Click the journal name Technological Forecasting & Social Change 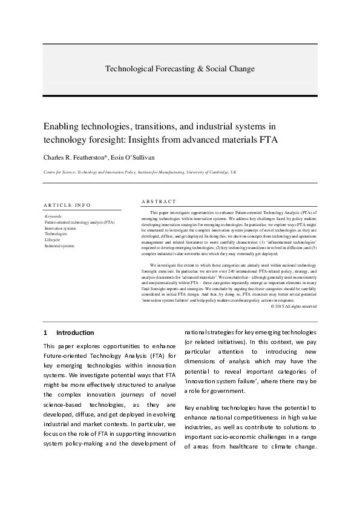(180, 69)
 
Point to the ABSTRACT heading (159, 201)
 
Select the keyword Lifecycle (53, 240)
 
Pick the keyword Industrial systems (59, 246)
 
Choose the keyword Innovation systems (61, 229)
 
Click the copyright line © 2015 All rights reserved (293, 306)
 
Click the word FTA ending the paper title (264, 140)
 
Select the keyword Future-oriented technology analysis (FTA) (79, 222)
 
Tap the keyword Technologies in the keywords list (56, 234)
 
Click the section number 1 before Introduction (45, 332)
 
